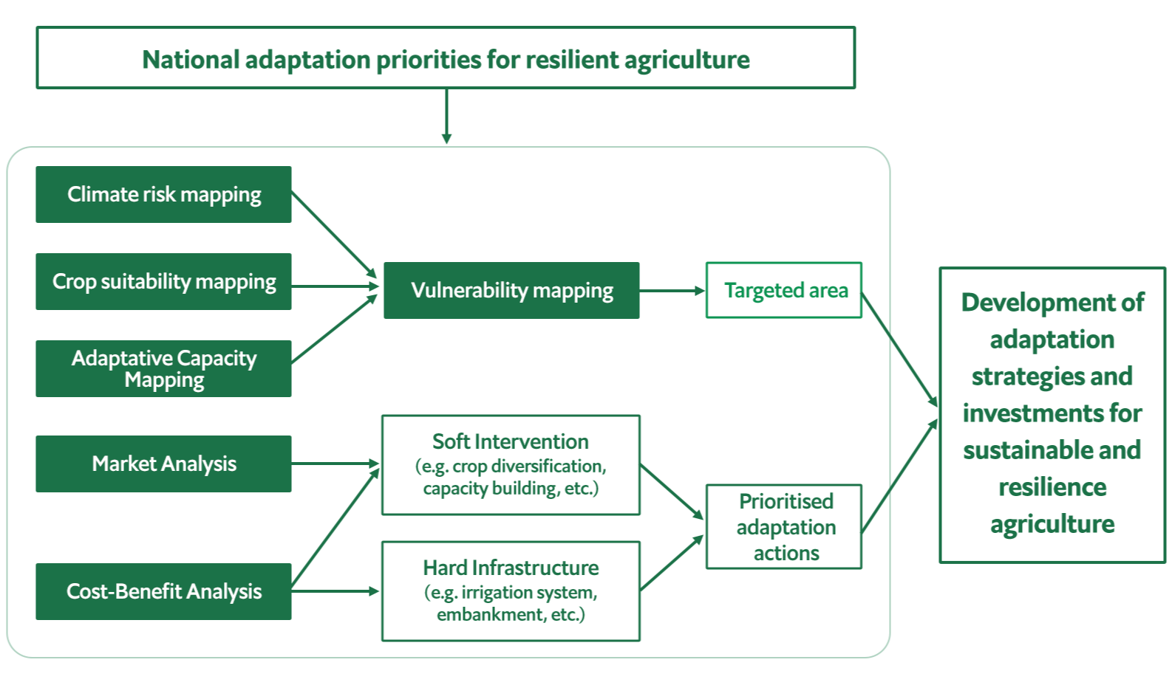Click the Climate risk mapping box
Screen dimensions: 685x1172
tap(163, 194)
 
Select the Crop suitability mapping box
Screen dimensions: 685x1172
tap(163, 281)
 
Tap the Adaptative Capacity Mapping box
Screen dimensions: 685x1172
tap(163, 368)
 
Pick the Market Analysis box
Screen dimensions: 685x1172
tap(163, 464)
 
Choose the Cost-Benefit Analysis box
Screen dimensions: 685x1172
tap(163, 591)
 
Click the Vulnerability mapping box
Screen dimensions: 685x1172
tap(511, 290)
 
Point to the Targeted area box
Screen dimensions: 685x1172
tap(784, 290)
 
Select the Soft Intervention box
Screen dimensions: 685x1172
tap(511, 465)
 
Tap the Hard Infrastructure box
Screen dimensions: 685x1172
tap(511, 591)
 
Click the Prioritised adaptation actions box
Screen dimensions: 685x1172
tap(784, 526)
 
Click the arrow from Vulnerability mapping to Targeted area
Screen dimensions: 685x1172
tap(672, 291)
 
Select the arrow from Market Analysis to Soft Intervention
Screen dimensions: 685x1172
tap(336, 464)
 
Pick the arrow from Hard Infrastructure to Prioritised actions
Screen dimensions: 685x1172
tap(672, 562)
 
